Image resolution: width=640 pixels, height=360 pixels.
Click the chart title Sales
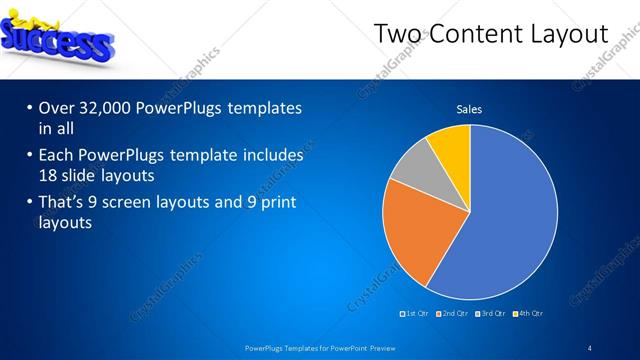pos(469,109)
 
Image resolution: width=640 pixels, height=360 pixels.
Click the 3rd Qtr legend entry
pos(491,314)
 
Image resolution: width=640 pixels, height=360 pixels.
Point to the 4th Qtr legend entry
pos(530,314)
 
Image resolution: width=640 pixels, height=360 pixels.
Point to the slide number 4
pos(590,348)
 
